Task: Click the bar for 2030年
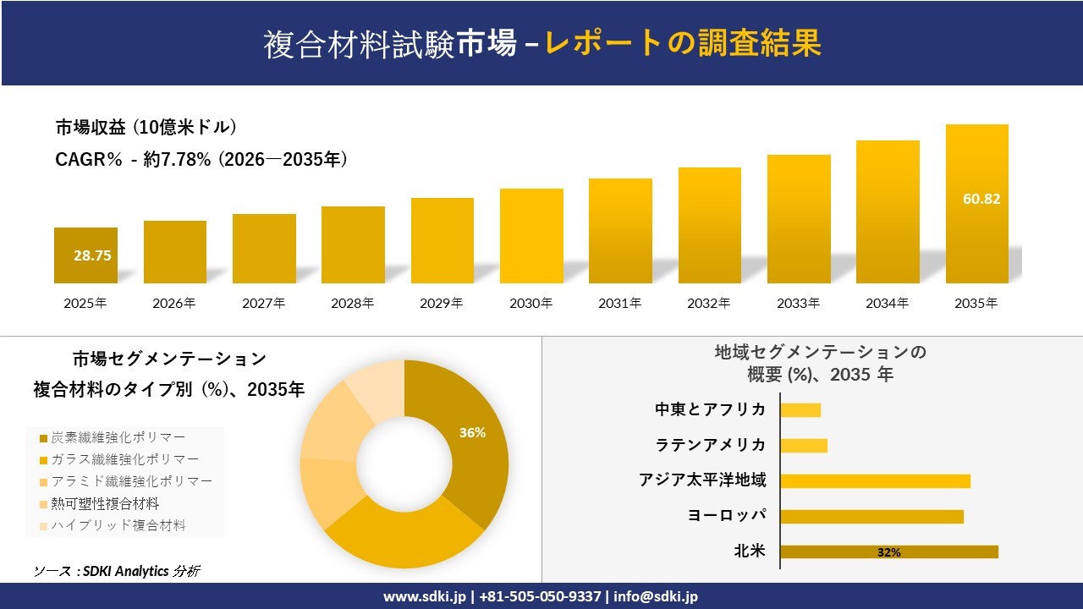point(531,236)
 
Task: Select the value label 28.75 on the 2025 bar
point(92,255)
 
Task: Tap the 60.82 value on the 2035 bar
point(981,200)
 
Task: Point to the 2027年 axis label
point(263,303)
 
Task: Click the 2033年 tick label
point(798,303)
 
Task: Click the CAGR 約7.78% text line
point(201,160)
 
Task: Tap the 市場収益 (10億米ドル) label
point(146,128)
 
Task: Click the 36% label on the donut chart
point(472,432)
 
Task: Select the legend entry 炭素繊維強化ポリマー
point(118,437)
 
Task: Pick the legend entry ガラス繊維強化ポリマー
point(124,459)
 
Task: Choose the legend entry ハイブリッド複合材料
point(118,525)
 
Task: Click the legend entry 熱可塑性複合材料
point(105,503)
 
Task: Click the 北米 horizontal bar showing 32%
point(888,552)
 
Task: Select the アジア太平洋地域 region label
point(702,480)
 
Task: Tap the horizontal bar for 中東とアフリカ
point(800,410)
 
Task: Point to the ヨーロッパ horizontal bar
point(871,517)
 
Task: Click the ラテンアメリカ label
point(711,445)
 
